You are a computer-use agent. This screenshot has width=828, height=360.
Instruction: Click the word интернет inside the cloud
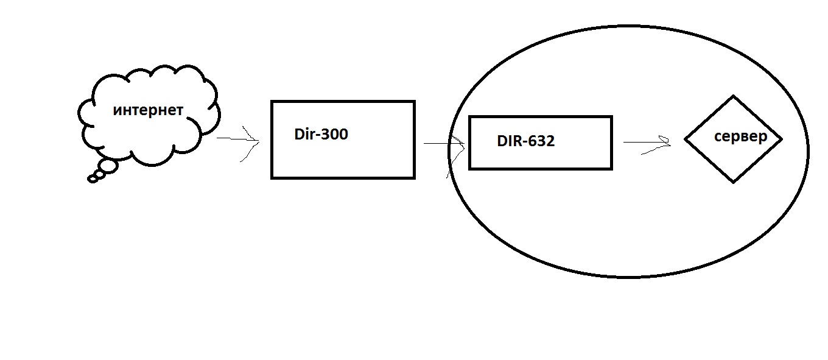(x=148, y=110)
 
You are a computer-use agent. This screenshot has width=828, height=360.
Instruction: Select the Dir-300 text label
(x=321, y=134)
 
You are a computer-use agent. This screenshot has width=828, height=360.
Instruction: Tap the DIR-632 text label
(x=525, y=141)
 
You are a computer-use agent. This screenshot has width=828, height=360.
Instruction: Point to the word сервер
(x=740, y=136)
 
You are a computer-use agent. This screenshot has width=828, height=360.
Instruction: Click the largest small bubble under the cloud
(x=108, y=166)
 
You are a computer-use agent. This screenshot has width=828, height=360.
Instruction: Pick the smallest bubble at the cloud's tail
(x=93, y=180)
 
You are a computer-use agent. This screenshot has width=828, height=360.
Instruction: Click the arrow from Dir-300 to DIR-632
(x=444, y=143)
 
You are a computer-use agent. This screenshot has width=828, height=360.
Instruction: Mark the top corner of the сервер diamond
(x=734, y=96)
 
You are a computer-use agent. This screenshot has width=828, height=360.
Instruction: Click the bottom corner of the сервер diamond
(x=734, y=182)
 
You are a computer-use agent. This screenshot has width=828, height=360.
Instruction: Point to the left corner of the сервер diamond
(x=686, y=139)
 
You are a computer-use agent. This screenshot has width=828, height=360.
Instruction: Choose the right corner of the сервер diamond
(x=782, y=139)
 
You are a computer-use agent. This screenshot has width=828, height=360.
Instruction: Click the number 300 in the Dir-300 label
(x=334, y=134)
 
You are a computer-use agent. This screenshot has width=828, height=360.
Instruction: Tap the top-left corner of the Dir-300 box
(x=272, y=101)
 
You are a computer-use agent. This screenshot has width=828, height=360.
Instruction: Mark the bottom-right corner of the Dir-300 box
(x=415, y=178)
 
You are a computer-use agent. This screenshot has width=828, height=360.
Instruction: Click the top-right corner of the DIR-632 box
(x=612, y=117)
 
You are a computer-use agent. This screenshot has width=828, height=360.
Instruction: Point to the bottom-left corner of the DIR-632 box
(x=469, y=169)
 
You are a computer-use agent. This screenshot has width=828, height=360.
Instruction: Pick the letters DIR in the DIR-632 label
(x=508, y=141)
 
